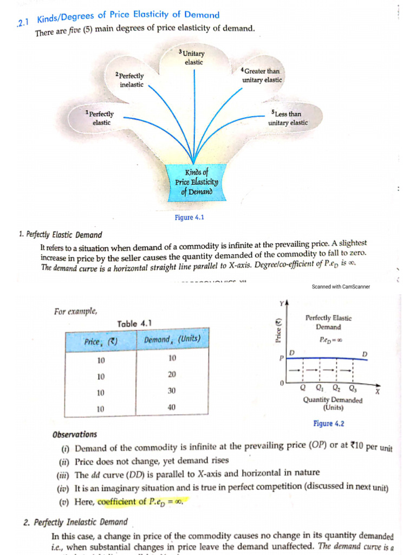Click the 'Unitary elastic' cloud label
coord(193,57)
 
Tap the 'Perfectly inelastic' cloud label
coord(131,80)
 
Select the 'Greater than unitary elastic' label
coord(262,75)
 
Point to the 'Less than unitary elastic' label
coord(288,118)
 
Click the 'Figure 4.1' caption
coord(189,217)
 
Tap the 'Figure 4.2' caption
coord(329,424)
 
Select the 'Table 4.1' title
coord(134,324)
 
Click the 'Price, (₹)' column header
coord(101,341)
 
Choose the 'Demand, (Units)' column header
coord(172,340)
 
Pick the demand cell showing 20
coord(172,375)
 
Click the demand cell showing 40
coord(172,407)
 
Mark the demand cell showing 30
coord(172,391)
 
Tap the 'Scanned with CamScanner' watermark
coord(341,287)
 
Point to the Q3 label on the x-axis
coord(353,388)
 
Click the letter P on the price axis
coord(282,359)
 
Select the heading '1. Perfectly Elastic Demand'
coord(60,235)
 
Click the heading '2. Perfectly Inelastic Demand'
coord(75,522)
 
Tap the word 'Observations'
coord(75,434)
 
